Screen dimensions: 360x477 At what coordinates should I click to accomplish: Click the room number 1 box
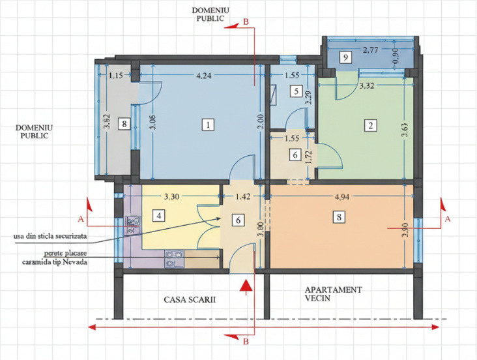tap(207, 124)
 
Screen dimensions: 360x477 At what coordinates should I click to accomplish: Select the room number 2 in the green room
tap(370, 125)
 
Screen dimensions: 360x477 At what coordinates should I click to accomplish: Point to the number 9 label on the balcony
tap(346, 57)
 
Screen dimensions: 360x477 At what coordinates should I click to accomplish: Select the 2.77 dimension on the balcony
tap(371, 50)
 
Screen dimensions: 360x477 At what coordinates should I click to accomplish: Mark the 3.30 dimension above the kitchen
tap(172, 194)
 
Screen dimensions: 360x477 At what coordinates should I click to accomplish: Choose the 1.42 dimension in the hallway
tap(242, 194)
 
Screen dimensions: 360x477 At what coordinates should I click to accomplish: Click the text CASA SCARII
tap(189, 300)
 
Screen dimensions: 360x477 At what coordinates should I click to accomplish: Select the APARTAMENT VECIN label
tap(333, 293)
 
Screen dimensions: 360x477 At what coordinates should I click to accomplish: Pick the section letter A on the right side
tap(447, 220)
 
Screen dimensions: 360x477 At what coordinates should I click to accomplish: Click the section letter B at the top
tap(246, 22)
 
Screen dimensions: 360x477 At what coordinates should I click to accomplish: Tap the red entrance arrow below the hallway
tap(245, 290)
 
